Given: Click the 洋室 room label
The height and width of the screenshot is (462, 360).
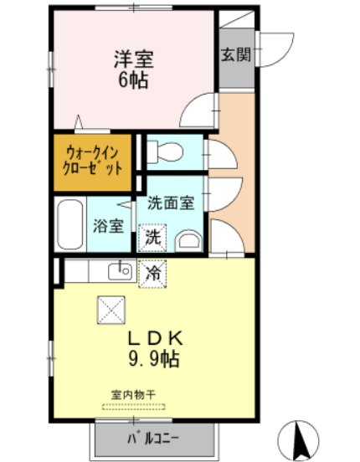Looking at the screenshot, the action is tap(134, 59).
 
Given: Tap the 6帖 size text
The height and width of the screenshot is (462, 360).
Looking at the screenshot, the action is tap(133, 80).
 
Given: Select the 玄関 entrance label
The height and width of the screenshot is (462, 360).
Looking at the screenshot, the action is tap(236, 54).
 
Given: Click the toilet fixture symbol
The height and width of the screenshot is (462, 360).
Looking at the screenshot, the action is tap(165, 151).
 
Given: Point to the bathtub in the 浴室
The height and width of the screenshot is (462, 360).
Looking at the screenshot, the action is tap(70, 224).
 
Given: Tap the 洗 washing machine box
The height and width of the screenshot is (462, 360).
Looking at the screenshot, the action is tap(152, 238).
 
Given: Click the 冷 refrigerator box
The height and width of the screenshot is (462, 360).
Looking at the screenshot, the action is tap(152, 274).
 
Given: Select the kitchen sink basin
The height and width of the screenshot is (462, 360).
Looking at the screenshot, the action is tap(120, 272).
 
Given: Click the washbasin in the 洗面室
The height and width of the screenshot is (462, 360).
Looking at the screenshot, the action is tap(188, 241).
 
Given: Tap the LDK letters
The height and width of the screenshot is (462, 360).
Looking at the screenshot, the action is tap(155, 339).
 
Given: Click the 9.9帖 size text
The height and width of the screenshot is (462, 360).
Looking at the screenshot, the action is tap(153, 359).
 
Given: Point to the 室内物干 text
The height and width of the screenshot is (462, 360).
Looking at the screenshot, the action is tap(133, 394).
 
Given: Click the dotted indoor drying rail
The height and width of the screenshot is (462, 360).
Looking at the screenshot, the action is tap(134, 407).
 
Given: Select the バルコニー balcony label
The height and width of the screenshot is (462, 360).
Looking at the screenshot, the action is tap(153, 439).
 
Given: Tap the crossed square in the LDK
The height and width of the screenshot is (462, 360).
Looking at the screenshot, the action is tap(111, 310).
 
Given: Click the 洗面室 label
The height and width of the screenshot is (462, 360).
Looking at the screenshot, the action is tap(171, 203).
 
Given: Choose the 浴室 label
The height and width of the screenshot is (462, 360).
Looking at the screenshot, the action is tap(108, 226).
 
